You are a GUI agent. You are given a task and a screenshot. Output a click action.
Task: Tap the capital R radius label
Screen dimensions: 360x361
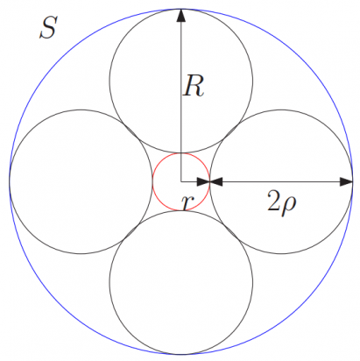click(x=194, y=86)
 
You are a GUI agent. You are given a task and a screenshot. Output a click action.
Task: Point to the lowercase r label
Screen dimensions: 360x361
click(x=186, y=202)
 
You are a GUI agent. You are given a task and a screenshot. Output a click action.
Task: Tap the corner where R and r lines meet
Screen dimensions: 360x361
click(x=181, y=181)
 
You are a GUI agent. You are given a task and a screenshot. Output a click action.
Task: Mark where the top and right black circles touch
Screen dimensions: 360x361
click(x=232, y=131)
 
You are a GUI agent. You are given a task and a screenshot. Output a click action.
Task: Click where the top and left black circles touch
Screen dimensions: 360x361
click(x=131, y=131)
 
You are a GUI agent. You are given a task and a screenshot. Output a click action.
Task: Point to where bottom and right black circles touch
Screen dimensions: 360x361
click(x=232, y=232)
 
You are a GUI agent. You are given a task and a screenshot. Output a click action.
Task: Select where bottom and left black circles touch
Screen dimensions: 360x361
click(x=131, y=232)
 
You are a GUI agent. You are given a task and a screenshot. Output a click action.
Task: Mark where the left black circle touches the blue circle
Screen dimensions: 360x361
click(x=10, y=181)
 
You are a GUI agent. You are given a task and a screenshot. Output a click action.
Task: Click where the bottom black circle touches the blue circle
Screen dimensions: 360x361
click(x=181, y=353)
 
